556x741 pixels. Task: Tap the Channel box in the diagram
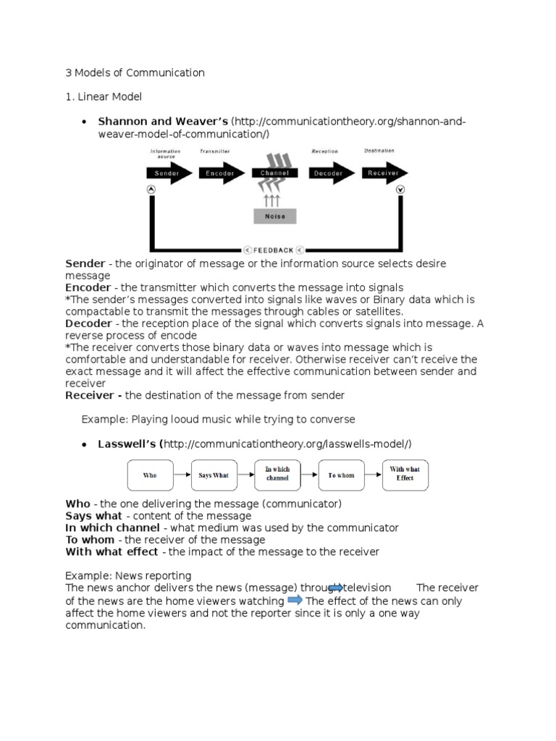[x=274, y=174]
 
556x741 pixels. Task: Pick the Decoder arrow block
[x=331, y=174]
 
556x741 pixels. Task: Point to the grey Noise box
[x=274, y=215]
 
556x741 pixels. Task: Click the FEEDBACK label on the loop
[x=274, y=250]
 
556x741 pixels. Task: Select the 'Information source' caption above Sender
[x=165, y=153]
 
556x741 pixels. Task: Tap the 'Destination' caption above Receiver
[x=379, y=151]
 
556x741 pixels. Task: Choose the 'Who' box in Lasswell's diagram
[x=150, y=475]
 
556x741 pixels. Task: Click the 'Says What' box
[x=214, y=475]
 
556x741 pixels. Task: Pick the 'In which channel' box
[x=277, y=474]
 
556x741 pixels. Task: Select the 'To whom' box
[x=341, y=475]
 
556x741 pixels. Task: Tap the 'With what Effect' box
[x=405, y=474]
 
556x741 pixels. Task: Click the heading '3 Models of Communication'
[x=135, y=72]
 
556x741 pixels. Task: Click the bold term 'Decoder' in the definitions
[x=88, y=323]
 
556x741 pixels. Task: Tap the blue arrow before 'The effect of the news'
[x=295, y=601]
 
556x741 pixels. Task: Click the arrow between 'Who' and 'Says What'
[x=182, y=475]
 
